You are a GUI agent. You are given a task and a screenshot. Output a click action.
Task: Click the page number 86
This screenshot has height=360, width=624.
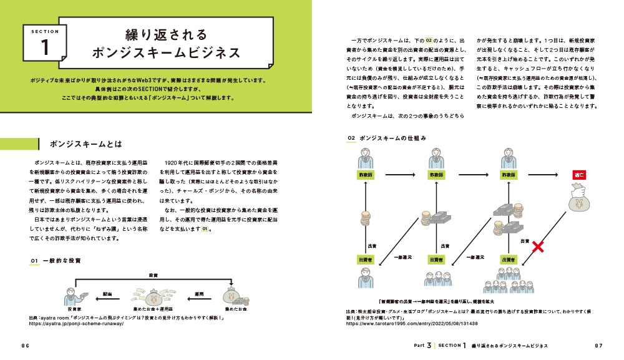click(26, 345)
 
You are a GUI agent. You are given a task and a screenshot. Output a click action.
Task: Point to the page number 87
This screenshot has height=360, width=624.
click(598, 345)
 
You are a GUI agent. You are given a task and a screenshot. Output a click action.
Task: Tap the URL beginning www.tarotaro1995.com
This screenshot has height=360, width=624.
click(412, 324)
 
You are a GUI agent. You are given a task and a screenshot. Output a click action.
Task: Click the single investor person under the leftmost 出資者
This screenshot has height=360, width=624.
click(364, 278)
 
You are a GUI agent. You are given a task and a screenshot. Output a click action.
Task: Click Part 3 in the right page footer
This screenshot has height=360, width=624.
click(422, 345)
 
